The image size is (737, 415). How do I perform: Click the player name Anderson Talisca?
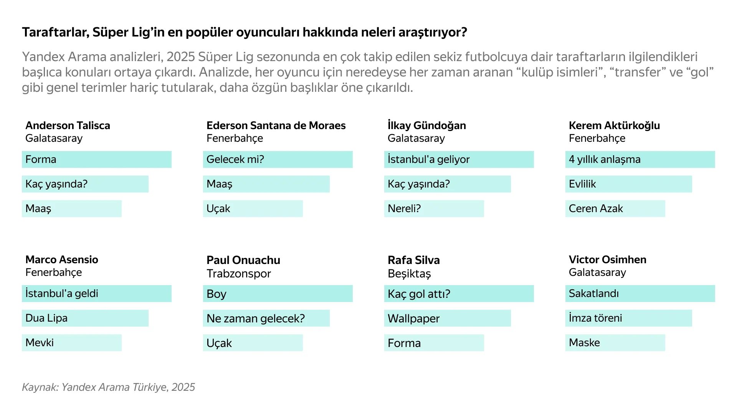tap(68, 126)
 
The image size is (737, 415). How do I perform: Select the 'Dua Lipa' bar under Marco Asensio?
tap(85, 318)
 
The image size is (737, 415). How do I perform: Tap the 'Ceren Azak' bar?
tap(615, 209)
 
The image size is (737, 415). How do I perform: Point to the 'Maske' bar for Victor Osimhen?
tap(615, 343)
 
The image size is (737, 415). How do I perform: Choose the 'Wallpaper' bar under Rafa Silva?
tap(447, 318)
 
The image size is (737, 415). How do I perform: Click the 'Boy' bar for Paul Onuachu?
tap(278, 294)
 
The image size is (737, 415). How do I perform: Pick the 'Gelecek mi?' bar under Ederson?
tap(278, 159)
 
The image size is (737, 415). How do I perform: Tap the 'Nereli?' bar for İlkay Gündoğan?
tap(434, 209)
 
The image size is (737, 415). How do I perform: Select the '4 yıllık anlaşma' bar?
tap(640, 159)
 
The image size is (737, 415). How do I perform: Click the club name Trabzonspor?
tap(239, 274)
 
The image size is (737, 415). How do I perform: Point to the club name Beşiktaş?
tap(409, 274)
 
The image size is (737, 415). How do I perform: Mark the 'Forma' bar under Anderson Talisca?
tap(96, 159)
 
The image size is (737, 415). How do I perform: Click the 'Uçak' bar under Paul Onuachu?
tap(253, 343)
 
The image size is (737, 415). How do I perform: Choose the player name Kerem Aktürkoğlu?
tap(614, 126)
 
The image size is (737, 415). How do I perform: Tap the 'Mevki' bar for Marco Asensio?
tap(71, 343)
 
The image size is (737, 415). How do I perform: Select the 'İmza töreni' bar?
tap(628, 318)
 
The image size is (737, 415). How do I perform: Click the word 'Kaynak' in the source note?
tap(40, 387)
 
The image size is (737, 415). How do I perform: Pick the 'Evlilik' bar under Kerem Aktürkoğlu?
tap(628, 184)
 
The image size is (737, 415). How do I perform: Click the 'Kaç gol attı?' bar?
tap(459, 294)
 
